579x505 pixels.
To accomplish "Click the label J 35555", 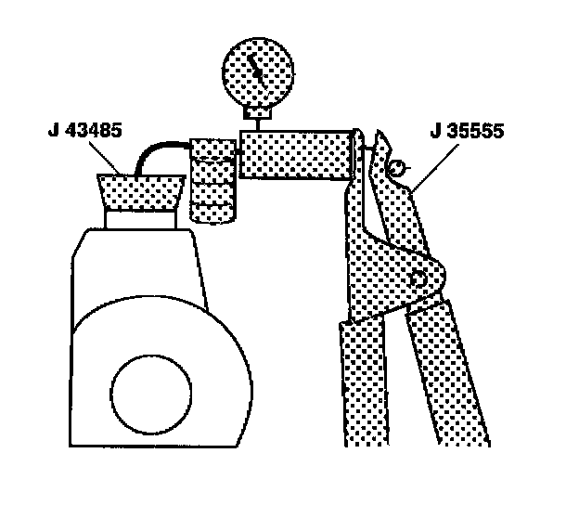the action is [466, 131].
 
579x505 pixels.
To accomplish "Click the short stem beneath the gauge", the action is [258, 118].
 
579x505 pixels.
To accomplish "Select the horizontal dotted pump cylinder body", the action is [297, 154].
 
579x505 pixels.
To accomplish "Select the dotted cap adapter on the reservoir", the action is [140, 193].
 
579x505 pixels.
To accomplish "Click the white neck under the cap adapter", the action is [140, 219].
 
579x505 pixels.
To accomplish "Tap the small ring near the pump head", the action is [395, 168].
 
